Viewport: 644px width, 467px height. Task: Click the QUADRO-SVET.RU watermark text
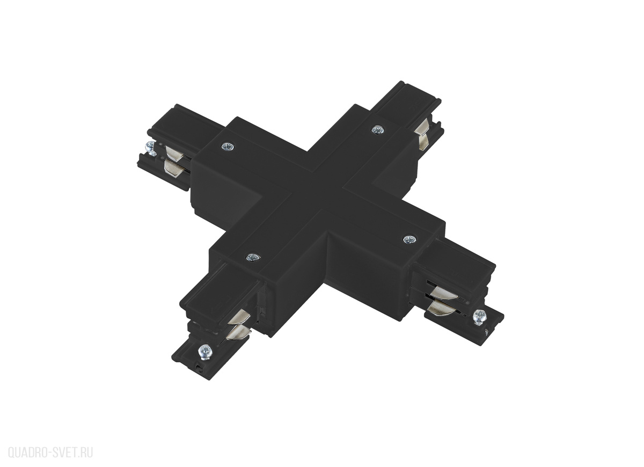coord(50,453)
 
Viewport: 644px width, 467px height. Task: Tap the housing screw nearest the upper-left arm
coord(228,147)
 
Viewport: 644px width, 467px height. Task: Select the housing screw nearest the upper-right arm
coord(377,130)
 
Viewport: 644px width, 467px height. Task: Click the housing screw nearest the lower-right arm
coord(409,239)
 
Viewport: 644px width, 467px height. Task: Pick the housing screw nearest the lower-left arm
coord(252,257)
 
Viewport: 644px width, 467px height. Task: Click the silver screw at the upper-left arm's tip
coord(150,148)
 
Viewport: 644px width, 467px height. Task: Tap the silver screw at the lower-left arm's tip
coord(207,352)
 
